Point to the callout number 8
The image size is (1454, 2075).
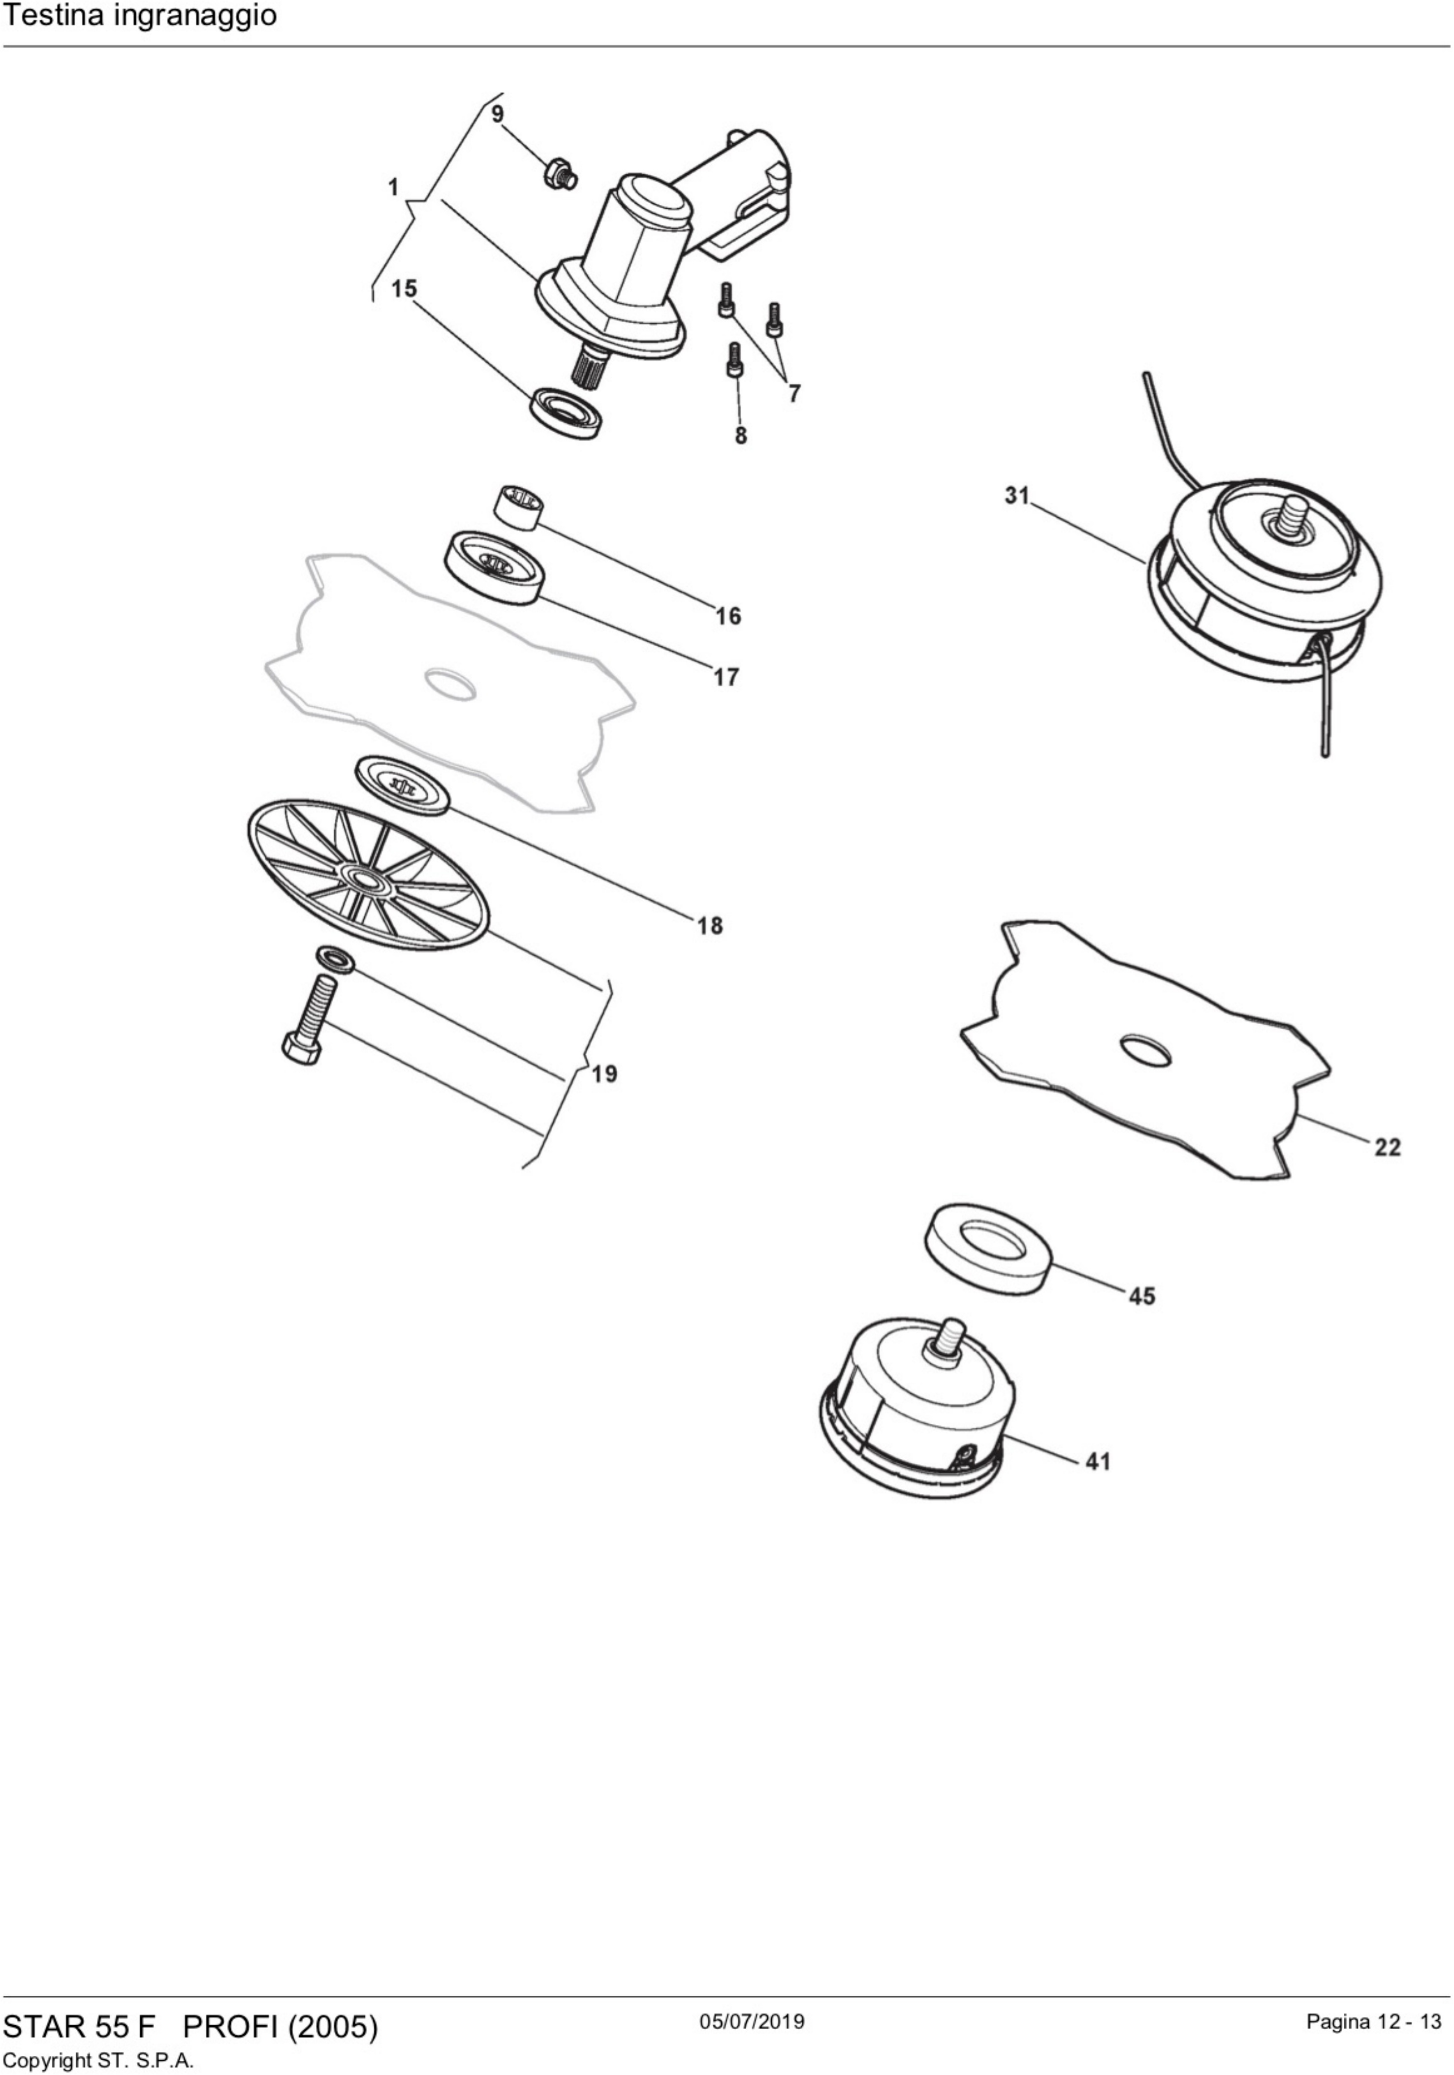(x=741, y=436)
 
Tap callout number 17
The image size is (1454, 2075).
(x=726, y=677)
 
